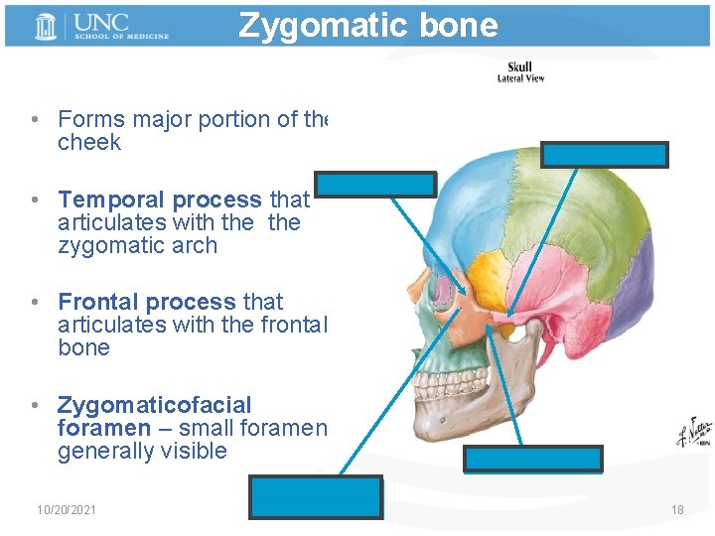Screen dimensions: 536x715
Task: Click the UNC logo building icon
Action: coord(44,26)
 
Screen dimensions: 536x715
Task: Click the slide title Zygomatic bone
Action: coord(367,25)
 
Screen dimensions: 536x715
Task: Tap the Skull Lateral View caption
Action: coord(520,72)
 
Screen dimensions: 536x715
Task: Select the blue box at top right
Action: coord(604,154)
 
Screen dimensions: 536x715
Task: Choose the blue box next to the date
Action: coord(316,496)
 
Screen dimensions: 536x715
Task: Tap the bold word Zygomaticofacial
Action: coord(155,405)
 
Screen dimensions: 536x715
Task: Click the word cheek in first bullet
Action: coord(89,143)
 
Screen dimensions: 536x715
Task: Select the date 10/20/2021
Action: coord(67,510)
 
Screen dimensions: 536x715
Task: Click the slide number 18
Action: coord(677,510)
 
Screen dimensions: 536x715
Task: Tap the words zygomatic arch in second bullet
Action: coord(137,246)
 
